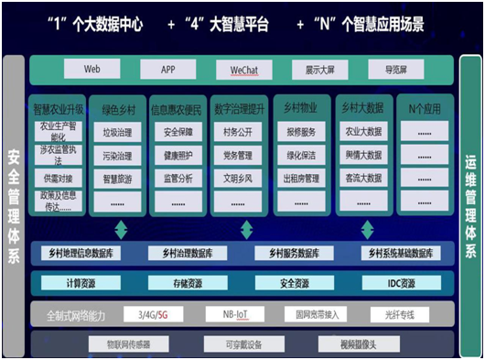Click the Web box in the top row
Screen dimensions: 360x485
91,70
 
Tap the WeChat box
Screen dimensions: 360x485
242,70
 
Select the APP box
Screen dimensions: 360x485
167,70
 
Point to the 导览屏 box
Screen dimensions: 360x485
396,70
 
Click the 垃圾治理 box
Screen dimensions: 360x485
117,131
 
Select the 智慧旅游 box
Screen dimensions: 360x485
117,179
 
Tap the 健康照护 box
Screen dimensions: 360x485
178,155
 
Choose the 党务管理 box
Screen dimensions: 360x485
240,155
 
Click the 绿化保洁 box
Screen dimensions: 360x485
301,155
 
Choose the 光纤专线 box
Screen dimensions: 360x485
399,314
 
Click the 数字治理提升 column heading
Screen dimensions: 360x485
240,108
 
